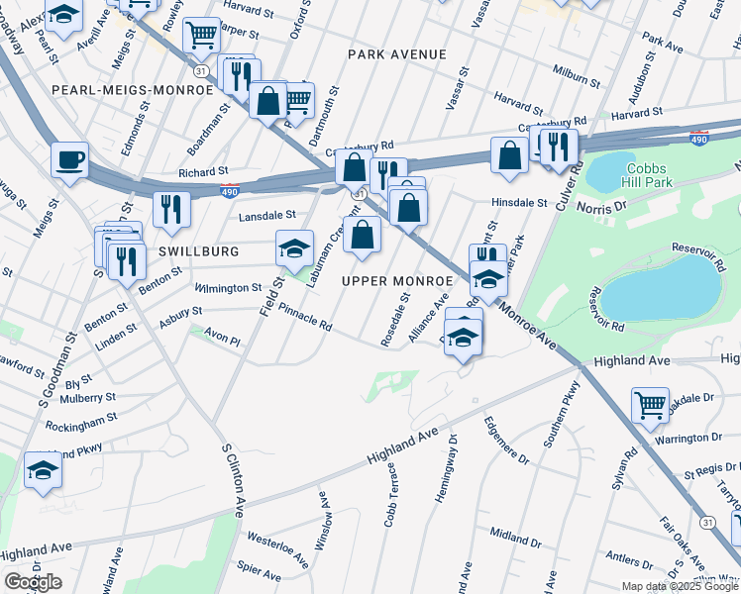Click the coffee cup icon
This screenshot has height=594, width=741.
(x=70, y=159)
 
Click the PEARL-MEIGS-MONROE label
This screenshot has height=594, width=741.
(x=133, y=90)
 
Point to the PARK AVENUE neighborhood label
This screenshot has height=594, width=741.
(x=397, y=54)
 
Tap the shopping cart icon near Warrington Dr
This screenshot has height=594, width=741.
(x=650, y=402)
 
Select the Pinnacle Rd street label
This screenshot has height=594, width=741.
(x=304, y=318)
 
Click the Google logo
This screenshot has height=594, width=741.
(x=33, y=582)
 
